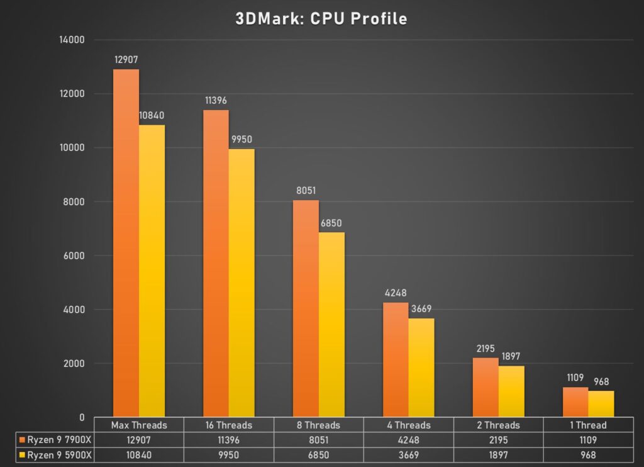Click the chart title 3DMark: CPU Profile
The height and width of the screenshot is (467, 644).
(321, 19)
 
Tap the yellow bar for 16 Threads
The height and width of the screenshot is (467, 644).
(241, 283)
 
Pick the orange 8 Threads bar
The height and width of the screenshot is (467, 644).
(306, 308)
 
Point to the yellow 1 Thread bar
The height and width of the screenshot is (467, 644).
(601, 403)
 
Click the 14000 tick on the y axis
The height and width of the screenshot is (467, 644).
(72, 40)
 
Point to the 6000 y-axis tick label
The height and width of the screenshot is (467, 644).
(75, 256)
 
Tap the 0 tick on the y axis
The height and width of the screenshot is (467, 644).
(82, 417)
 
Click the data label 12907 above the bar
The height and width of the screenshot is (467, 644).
(126, 60)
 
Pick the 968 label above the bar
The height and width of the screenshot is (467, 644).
(601, 382)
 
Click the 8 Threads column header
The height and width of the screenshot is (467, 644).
(318, 425)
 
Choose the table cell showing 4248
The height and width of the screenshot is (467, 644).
(408, 440)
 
